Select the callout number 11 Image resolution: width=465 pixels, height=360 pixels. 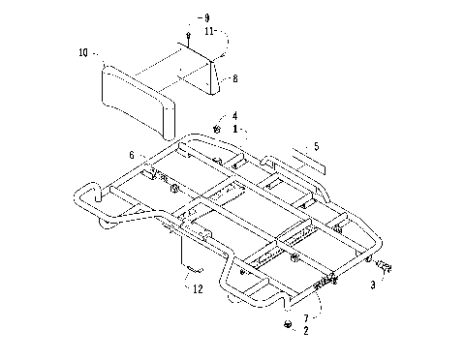point(210,31)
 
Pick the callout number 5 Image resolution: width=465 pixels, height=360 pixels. point(312,147)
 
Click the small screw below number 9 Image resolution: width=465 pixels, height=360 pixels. point(189,38)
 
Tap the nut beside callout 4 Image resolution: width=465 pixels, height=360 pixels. point(218,129)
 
